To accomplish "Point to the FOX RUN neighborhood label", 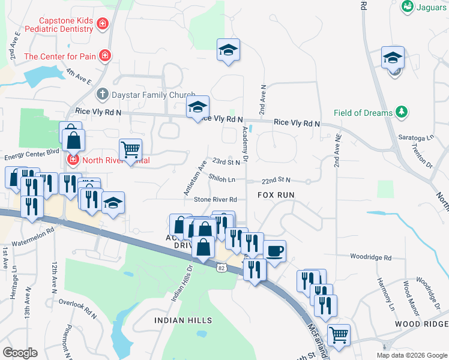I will click(276, 195).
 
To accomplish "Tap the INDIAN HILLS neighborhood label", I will click(179, 320).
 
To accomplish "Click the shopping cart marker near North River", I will click(130, 149).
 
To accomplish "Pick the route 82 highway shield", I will click(221, 269).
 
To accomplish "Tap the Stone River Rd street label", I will click(215, 199).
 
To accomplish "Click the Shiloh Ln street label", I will click(221, 178).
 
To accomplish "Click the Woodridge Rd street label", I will click(372, 257).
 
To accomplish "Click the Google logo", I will click(20, 352).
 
